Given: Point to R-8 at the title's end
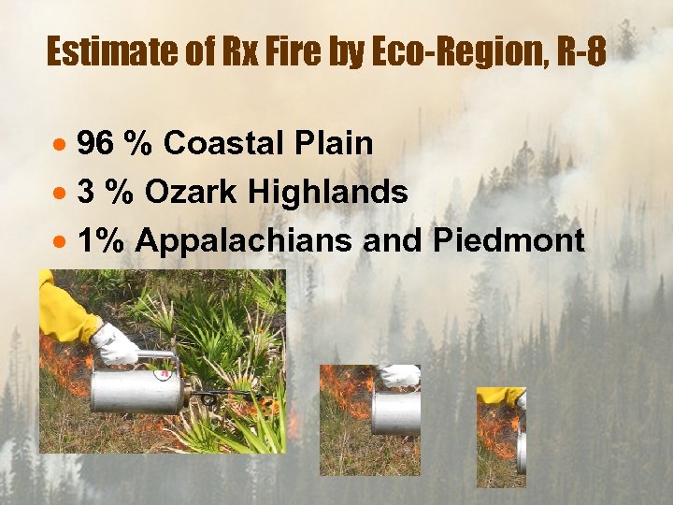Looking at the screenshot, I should point(580,52).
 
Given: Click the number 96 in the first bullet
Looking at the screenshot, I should point(95,144).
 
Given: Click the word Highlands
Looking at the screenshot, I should point(328,193).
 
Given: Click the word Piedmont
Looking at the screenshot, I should point(508,241).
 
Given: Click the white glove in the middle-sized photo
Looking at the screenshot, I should point(400,375).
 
